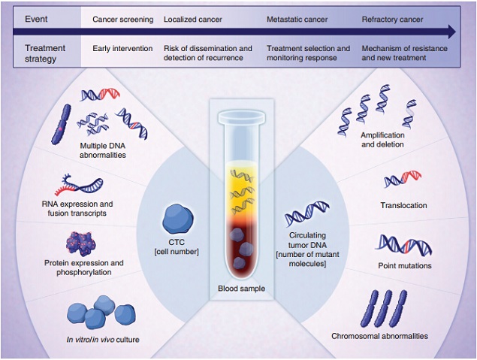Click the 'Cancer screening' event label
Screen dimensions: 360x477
coord(122,19)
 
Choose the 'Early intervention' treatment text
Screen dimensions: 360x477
coord(123,49)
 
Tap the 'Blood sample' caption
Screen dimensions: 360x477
coord(240,288)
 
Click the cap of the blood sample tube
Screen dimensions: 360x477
coord(240,116)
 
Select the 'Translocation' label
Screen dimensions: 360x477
coord(404,205)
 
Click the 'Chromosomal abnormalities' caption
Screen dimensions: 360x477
coord(380,336)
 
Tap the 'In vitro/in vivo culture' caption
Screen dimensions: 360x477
coord(102,339)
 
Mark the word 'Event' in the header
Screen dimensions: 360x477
coord(38,19)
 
